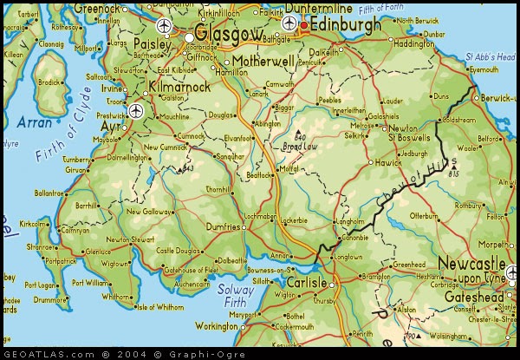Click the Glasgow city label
coord(229,33)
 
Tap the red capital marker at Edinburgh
coord(304,26)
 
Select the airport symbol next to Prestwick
coord(135,110)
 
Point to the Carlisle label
coord(306,283)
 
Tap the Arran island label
coord(35,122)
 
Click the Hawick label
coord(387,161)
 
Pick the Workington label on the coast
coord(218,326)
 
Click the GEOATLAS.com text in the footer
coord(48,354)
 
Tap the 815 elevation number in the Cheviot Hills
coord(453,173)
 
